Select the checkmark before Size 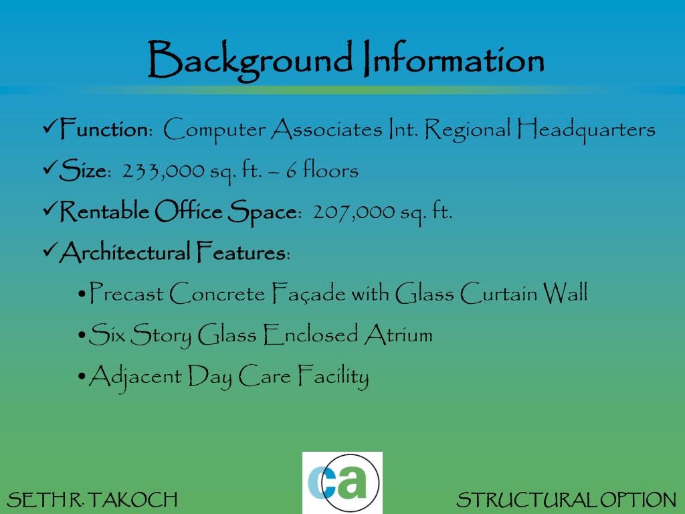[x=50, y=168]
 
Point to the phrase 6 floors [x=322, y=171]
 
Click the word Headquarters [x=585, y=129]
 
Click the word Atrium [x=398, y=335]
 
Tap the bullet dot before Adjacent [x=81, y=377]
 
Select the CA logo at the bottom [x=342, y=483]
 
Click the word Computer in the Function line [x=215, y=130]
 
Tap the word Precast [x=126, y=294]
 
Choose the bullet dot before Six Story [x=81, y=335]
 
